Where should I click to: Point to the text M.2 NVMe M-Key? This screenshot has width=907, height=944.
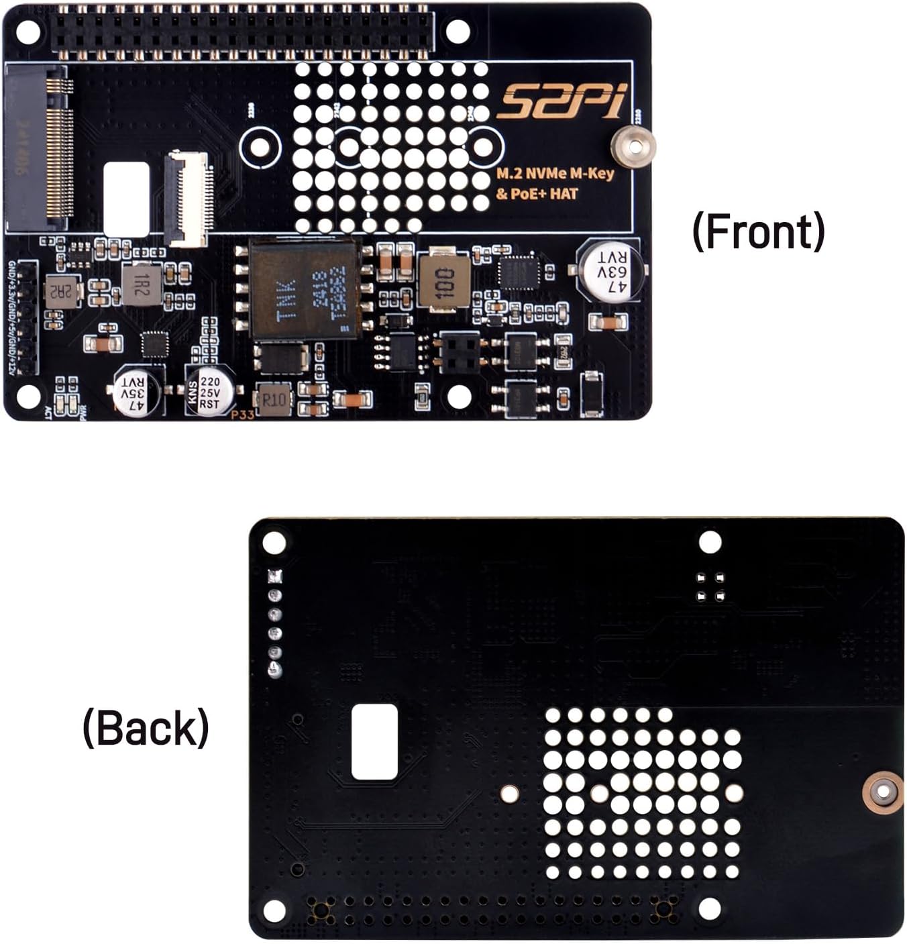tap(555, 174)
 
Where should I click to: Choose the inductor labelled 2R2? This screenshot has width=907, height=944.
tap(62, 290)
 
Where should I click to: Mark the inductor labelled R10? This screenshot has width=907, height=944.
tap(274, 400)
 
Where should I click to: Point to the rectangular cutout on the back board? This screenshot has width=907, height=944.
tap(374, 741)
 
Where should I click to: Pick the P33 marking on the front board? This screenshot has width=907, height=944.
tap(242, 415)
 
